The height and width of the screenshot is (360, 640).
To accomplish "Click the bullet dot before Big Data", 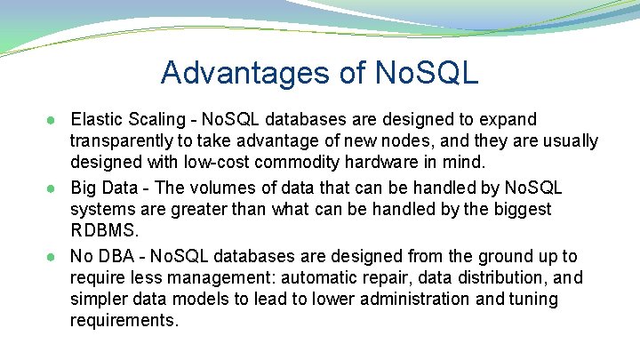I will (54, 188).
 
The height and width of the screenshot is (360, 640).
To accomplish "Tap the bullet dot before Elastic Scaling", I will (54, 120).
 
